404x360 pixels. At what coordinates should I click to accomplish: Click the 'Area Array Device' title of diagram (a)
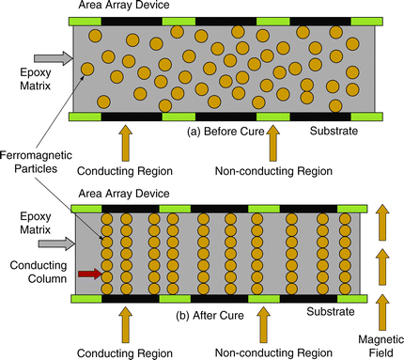pos(120,7)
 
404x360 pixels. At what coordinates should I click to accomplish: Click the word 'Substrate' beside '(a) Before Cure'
pos(334,132)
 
